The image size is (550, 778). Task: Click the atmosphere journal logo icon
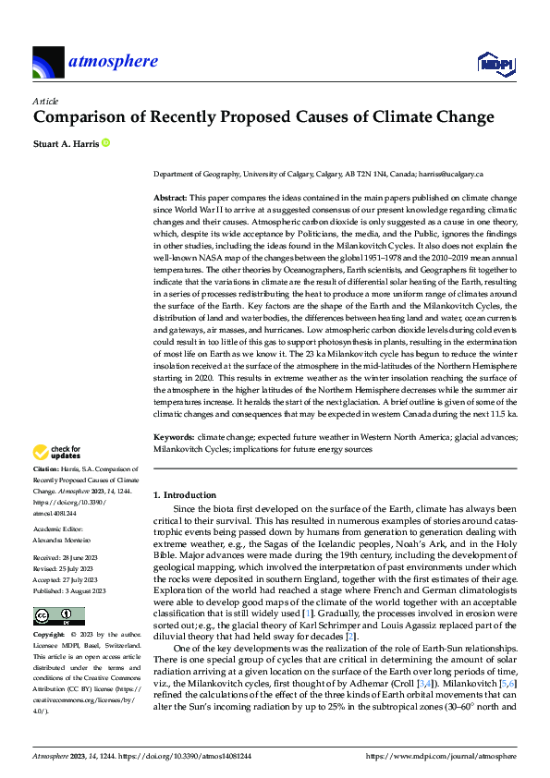coord(48,63)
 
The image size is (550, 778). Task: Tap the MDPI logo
coord(495,63)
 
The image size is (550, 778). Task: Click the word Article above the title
coord(45,100)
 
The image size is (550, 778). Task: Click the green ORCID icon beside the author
coord(105,143)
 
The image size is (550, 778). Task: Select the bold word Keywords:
coord(173,434)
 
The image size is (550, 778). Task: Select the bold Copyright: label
coord(50,637)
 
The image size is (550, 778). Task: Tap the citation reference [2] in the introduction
coord(323,638)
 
